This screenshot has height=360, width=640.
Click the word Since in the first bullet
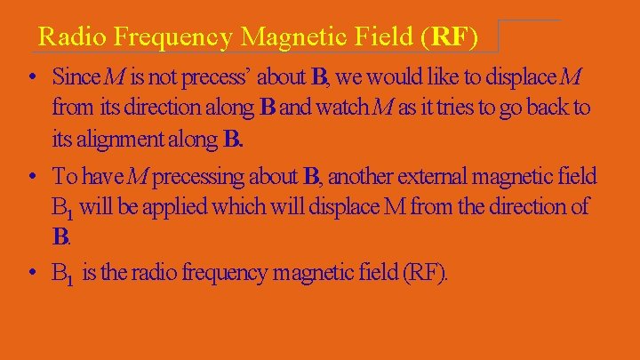(75, 77)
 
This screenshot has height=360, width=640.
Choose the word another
(360, 176)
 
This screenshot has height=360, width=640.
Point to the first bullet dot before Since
(32, 77)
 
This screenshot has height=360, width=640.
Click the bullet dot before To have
(32, 176)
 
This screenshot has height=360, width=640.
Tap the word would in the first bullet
(387, 77)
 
